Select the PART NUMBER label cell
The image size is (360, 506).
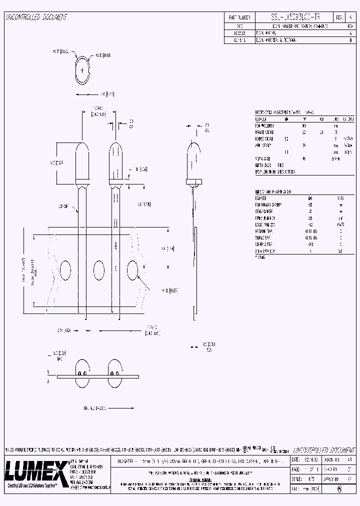(239, 17)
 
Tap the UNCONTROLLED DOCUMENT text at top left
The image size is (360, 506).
(35, 17)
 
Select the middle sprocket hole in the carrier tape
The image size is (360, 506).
(98, 271)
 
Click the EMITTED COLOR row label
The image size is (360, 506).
(263, 165)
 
